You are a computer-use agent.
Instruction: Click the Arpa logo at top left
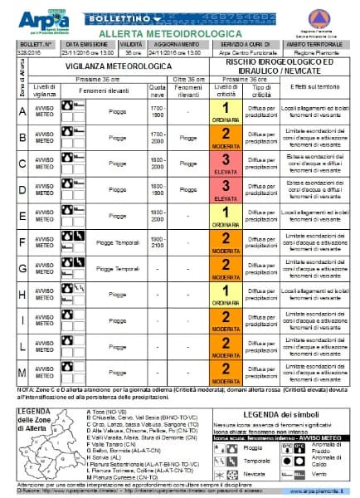(x=32, y=16)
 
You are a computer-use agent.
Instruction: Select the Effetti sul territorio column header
(x=314, y=88)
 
